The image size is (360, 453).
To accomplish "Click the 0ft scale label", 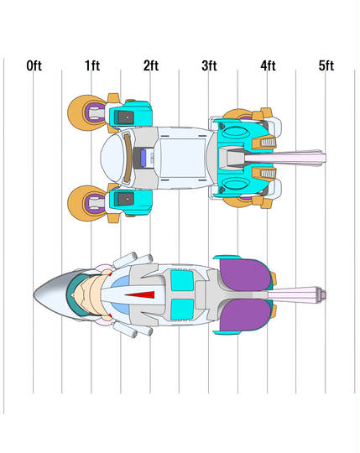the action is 34,65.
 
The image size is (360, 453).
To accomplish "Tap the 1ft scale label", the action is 92,65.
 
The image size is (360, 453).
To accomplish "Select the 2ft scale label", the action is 151,65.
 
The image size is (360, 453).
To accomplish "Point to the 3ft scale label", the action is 209,65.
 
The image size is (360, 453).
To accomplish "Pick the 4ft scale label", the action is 268,65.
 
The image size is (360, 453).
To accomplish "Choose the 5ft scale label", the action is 326,65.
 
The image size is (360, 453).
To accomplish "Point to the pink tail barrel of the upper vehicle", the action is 285,158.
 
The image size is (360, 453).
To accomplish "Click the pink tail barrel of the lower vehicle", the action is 296,294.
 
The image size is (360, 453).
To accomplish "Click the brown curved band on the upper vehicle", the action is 128,158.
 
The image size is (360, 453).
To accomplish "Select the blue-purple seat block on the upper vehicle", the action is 143,158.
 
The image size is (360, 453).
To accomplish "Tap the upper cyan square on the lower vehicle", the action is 182,280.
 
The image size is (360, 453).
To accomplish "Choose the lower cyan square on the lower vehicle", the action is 182,310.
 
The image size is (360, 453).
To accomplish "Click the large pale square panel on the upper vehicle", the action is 183,158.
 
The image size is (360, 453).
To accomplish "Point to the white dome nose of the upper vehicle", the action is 112,158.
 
